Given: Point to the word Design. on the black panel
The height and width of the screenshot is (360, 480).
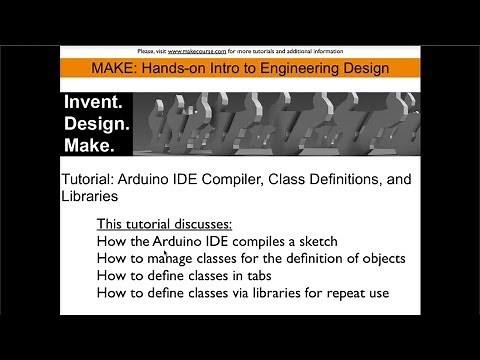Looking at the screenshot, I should (x=97, y=125).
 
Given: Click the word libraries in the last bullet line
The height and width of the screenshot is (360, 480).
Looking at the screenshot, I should (x=257, y=293).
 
